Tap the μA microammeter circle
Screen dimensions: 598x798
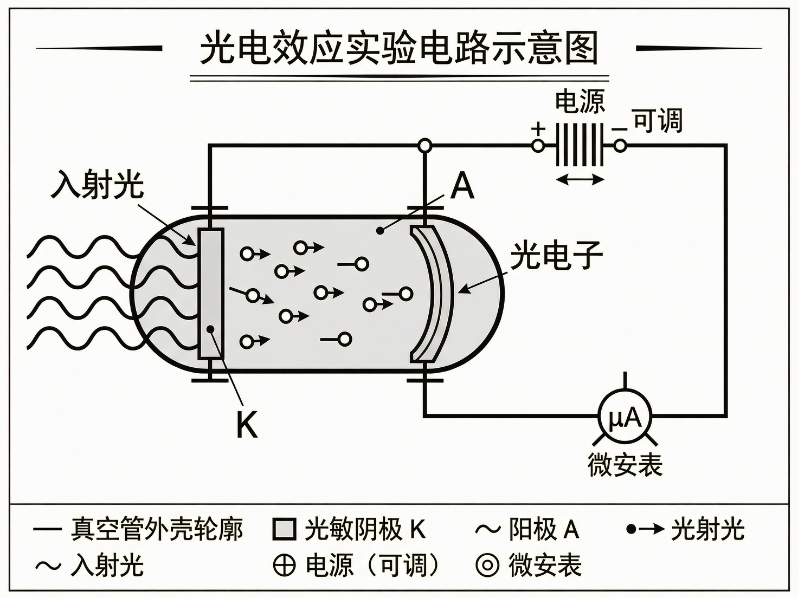[x=625, y=418]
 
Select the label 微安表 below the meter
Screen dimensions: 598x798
[x=625, y=465]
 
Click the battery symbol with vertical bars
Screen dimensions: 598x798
[x=579, y=145]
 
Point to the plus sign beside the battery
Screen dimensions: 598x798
[x=538, y=129]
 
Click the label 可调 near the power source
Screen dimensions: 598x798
[x=657, y=120]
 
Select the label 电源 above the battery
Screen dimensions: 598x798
[x=580, y=101]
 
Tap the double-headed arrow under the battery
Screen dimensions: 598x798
[x=580, y=179]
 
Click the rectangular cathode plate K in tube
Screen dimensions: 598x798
[x=211, y=293]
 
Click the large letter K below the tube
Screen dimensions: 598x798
[x=247, y=425]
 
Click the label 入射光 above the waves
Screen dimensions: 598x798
[x=98, y=185]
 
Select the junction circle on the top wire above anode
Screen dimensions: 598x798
[x=425, y=145]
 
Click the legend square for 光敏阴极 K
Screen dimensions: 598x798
[x=284, y=529]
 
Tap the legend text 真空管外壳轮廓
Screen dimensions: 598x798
[x=157, y=529]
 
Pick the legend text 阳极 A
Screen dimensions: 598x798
[x=544, y=529]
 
